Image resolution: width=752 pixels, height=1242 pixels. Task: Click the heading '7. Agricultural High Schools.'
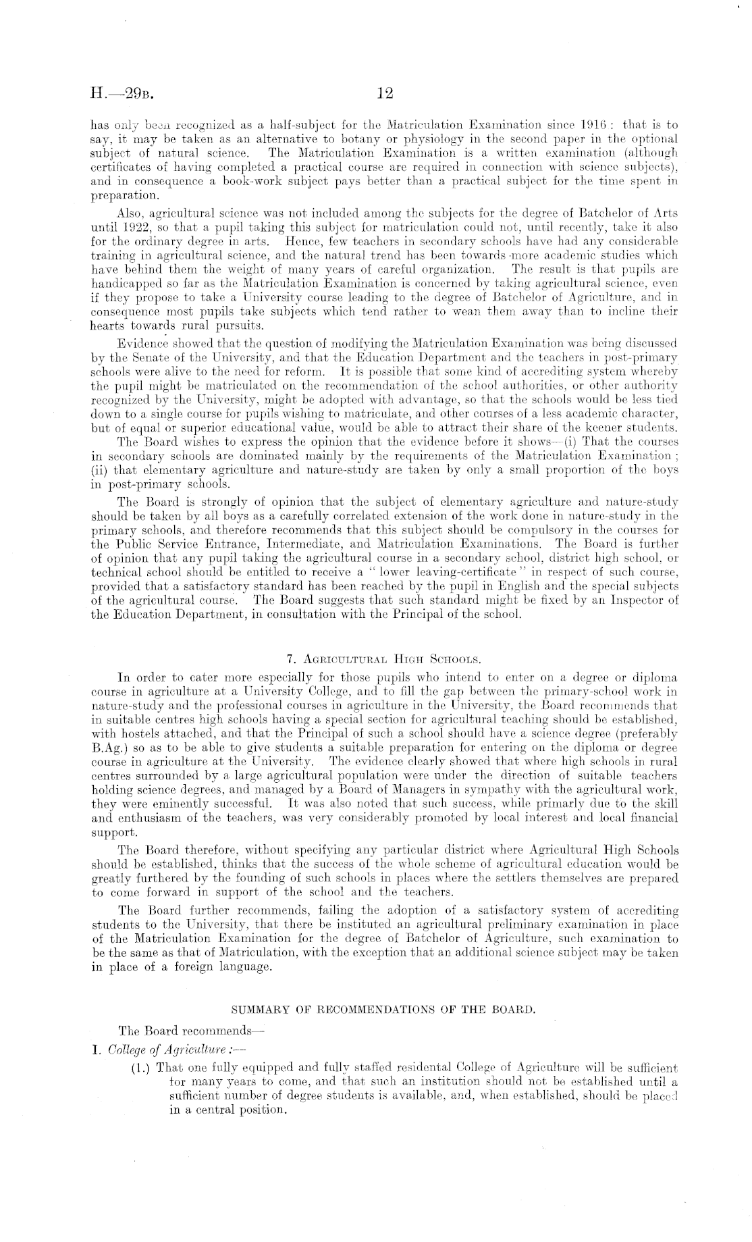coord(383,658)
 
